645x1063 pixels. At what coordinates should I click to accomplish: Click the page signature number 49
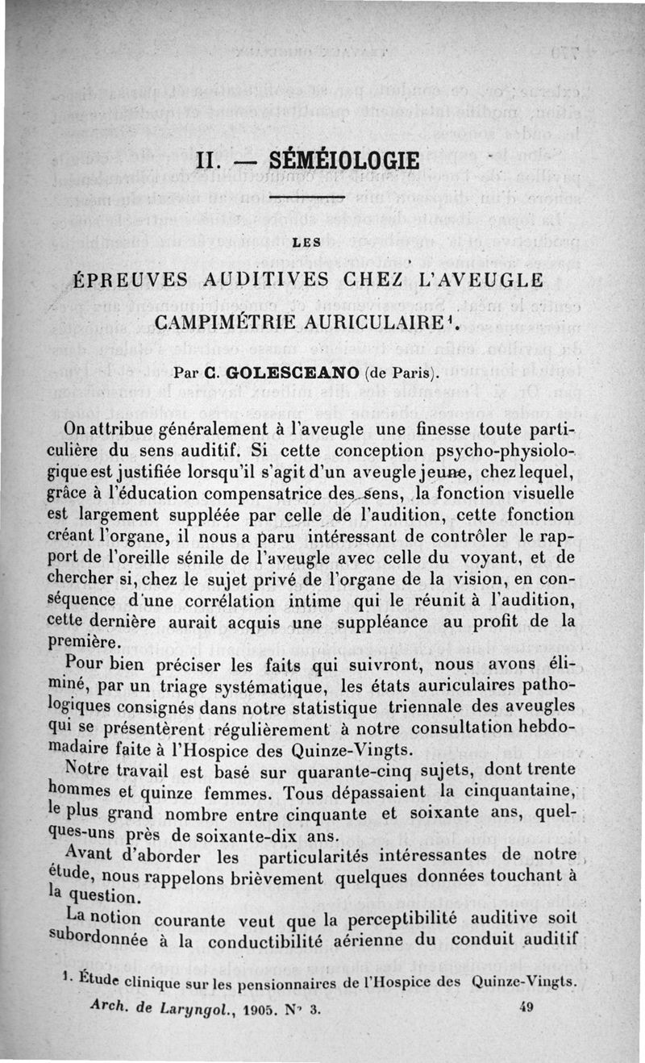[531, 1005]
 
